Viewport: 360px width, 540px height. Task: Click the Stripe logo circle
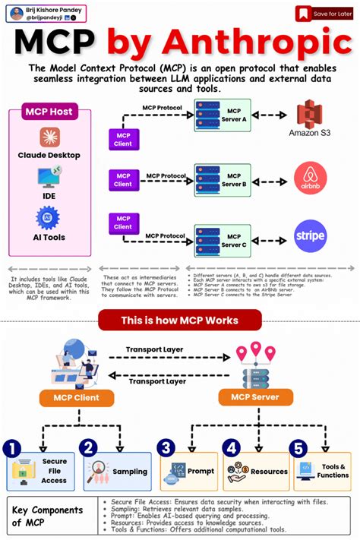(x=310, y=236)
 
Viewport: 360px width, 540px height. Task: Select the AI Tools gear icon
(x=49, y=218)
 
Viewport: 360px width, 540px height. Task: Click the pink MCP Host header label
(x=49, y=112)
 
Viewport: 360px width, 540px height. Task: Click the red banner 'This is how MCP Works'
(x=179, y=320)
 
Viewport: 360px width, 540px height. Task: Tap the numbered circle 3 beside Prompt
(x=167, y=449)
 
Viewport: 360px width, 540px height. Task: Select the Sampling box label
(x=130, y=472)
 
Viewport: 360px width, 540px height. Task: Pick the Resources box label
(x=267, y=472)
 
